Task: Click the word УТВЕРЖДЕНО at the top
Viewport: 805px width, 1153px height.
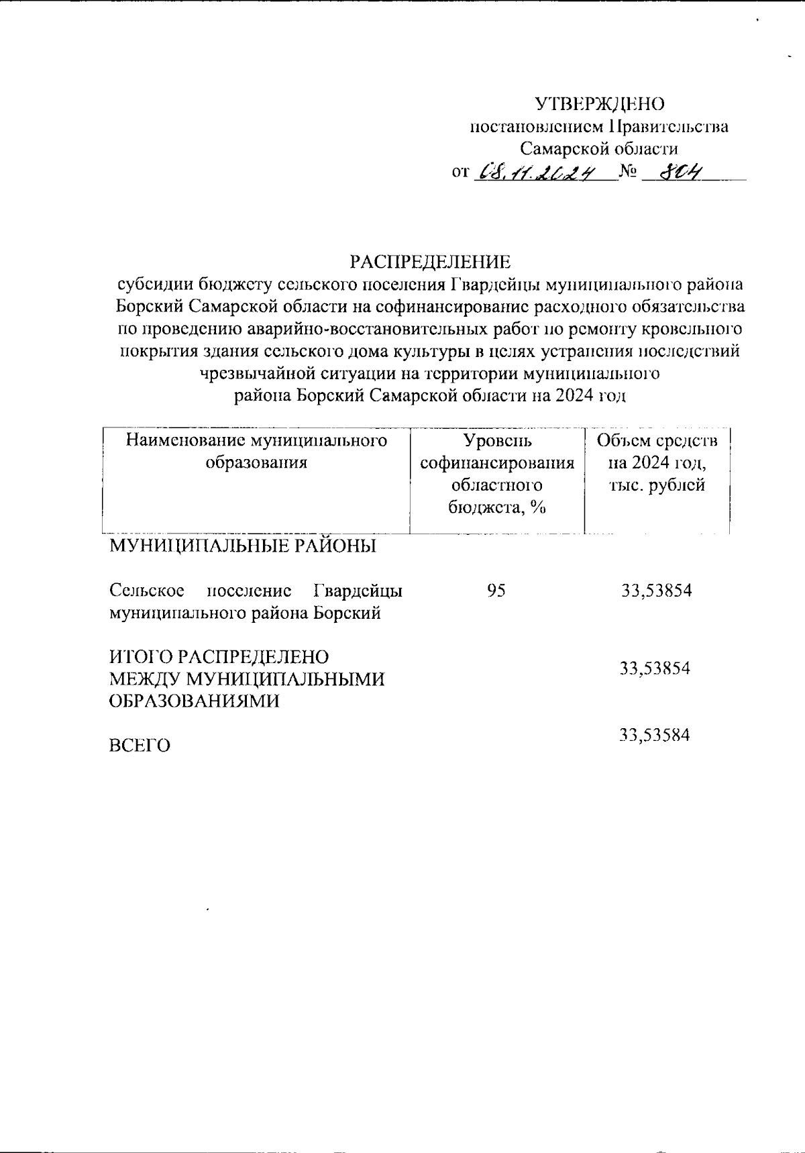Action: [x=599, y=104]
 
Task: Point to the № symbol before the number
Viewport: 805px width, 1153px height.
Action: [x=629, y=172]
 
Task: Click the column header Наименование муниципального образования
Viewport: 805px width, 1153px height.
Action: [x=257, y=451]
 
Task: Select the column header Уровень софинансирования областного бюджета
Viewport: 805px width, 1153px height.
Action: [x=496, y=474]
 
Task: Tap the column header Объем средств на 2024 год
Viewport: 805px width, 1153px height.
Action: [x=657, y=462]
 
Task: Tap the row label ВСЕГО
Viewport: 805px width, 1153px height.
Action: [x=140, y=746]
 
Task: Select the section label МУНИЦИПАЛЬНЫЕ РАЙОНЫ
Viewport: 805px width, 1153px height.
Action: [x=243, y=546]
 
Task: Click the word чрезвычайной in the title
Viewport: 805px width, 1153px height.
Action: [x=257, y=373]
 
